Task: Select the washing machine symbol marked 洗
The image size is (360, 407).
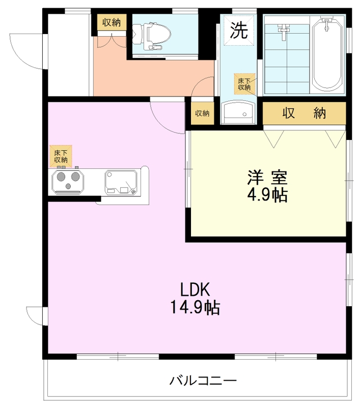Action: [x=239, y=31]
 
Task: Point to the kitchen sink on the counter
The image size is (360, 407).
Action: [x=121, y=182]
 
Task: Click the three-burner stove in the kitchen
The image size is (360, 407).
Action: [x=68, y=181]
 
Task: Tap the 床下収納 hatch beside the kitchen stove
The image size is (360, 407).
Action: [x=61, y=156]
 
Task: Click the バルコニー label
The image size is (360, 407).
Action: [x=203, y=381]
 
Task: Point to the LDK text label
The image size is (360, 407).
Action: [x=195, y=289]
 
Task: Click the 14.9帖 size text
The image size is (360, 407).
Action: [x=195, y=307]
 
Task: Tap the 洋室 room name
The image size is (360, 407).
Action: [x=267, y=177]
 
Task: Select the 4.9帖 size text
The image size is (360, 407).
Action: [x=267, y=195]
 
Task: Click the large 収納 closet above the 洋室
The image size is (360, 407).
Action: [x=304, y=113]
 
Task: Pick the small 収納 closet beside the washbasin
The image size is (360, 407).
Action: [x=202, y=113]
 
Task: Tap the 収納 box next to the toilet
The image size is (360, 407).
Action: [x=112, y=22]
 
